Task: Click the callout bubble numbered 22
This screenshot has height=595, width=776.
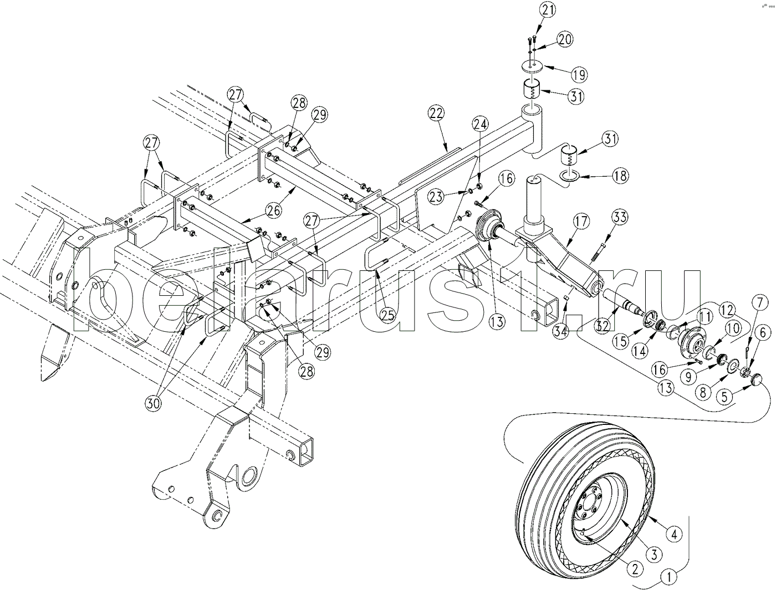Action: click(436, 114)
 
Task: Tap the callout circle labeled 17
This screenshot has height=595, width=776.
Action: click(581, 222)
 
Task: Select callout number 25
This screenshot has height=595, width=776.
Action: click(387, 315)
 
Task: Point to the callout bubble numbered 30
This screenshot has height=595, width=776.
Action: click(153, 403)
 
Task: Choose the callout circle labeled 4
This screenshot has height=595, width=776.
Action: click(674, 534)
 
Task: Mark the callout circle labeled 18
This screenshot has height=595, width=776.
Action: click(620, 176)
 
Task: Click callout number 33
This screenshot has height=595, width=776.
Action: click(619, 217)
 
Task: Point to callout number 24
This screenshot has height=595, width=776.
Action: click(481, 124)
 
